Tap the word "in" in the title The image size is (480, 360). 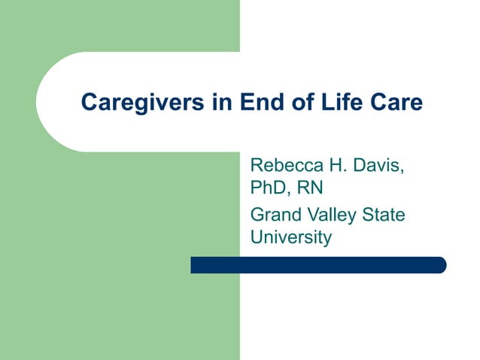pos(221,102)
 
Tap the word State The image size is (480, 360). pos(384,215)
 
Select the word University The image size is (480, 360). pos(290,238)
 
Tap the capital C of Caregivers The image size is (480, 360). pos(88,102)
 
